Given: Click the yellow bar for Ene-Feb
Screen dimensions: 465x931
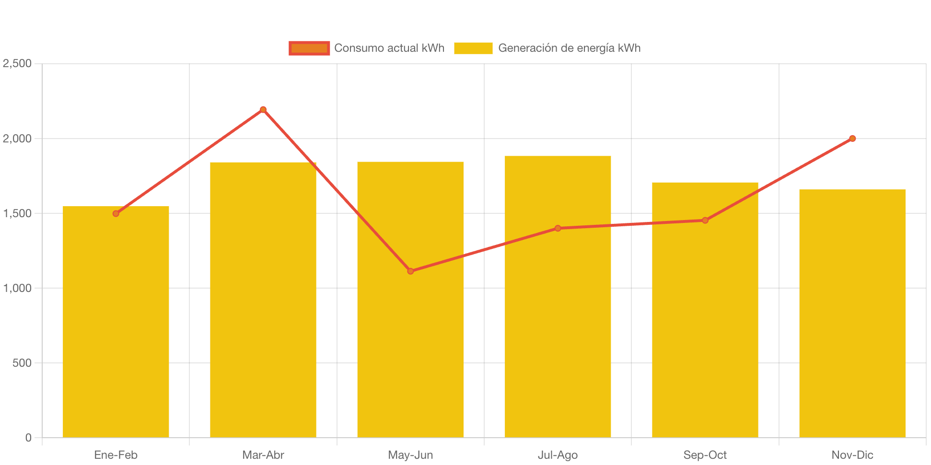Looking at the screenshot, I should click(116, 326).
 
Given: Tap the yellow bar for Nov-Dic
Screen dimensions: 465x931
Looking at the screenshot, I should click(852, 316).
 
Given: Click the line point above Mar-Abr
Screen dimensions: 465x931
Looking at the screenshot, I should click(263, 109).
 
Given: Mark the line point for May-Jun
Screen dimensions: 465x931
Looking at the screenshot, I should click(410, 271).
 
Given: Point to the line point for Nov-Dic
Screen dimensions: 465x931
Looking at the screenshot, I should click(852, 139).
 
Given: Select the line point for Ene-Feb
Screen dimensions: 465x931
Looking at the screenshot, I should click(116, 213).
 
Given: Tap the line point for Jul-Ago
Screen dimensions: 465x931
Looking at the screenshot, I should click(558, 228).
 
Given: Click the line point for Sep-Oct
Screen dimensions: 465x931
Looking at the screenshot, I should click(705, 221).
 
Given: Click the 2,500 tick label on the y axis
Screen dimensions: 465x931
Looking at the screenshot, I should click(17, 63).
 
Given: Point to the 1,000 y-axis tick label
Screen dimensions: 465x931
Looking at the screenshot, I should click(17, 288).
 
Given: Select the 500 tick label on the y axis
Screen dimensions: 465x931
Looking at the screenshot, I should click(22, 363).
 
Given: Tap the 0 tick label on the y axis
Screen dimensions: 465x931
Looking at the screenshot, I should click(28, 438).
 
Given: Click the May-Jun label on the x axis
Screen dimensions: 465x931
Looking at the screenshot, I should click(410, 455).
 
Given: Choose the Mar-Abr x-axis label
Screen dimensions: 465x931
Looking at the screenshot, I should click(263, 455).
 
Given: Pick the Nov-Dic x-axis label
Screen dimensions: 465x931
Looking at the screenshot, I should click(852, 455).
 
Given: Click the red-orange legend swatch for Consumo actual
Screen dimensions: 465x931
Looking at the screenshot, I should click(309, 48).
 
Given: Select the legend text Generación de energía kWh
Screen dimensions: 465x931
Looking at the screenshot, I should click(569, 48).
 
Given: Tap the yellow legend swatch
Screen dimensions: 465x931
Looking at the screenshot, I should click(473, 48).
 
